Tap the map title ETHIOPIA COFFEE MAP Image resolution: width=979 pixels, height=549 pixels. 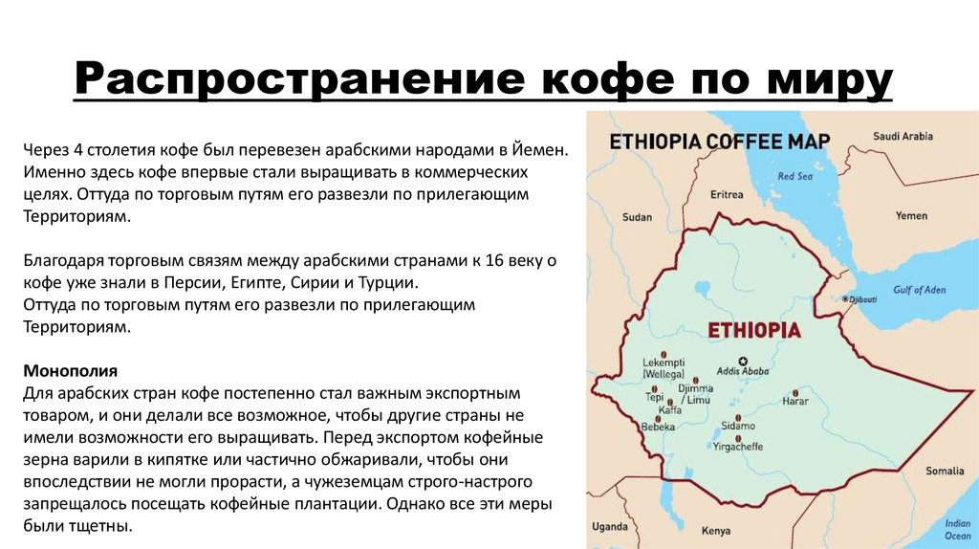(x=720, y=142)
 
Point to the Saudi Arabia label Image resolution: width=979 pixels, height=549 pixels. (x=903, y=136)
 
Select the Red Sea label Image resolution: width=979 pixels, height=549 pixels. (x=794, y=177)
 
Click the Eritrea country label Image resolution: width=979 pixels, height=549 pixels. (x=727, y=194)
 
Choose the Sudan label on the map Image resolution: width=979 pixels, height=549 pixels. (x=637, y=217)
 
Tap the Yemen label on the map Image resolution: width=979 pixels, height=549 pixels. (x=911, y=216)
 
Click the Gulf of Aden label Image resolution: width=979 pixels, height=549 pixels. (x=919, y=290)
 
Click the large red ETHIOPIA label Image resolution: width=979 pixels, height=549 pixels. (x=753, y=330)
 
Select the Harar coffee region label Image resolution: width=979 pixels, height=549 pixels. (x=795, y=402)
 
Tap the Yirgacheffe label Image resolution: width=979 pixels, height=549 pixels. (x=737, y=447)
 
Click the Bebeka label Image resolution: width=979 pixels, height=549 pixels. (x=659, y=426)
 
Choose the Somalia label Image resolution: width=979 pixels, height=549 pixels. (x=945, y=471)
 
